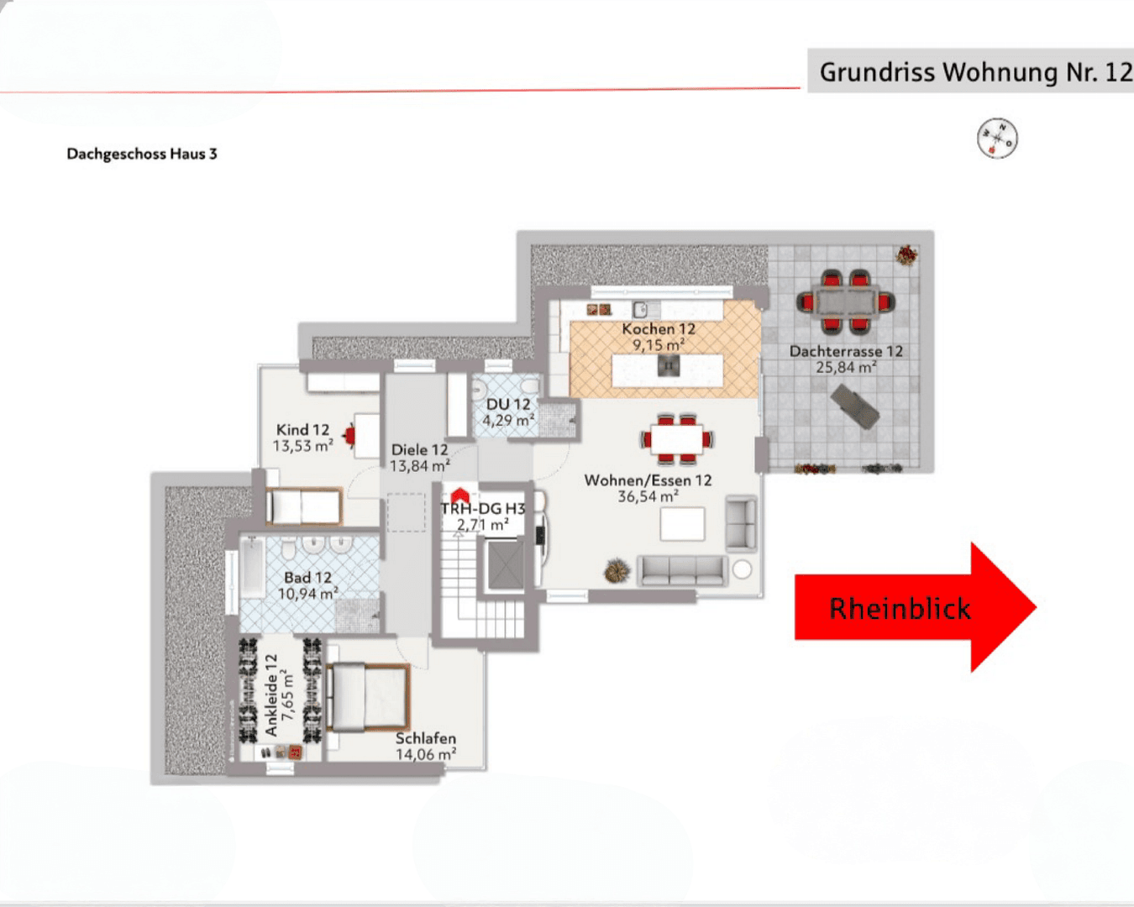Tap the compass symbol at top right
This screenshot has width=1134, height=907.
click(997, 138)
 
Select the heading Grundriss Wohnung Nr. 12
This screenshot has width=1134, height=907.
click(974, 72)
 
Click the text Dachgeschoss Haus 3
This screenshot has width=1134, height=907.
click(142, 154)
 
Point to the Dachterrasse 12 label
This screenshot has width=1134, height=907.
click(846, 351)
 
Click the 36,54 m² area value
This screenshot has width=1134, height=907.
click(648, 497)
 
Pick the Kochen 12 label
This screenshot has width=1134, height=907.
click(659, 329)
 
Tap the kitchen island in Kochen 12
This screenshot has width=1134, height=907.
click(668, 370)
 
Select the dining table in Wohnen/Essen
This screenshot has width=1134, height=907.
click(677, 438)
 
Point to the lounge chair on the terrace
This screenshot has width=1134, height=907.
click(855, 406)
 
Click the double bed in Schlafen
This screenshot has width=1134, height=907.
click(368, 697)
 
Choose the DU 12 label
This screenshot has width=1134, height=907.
click(508, 404)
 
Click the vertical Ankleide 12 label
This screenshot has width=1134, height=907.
click(271, 695)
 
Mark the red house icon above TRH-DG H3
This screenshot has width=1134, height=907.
click(459, 495)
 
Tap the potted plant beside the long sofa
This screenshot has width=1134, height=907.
click(617, 571)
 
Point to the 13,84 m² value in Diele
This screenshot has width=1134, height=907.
click(420, 466)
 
